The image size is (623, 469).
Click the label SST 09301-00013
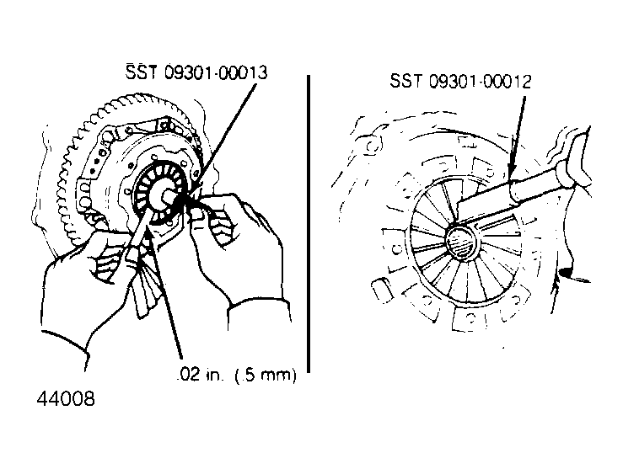pyautogui.click(x=196, y=72)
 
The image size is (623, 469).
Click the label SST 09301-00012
pyautogui.click(x=460, y=82)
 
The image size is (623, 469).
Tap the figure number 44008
pyautogui.click(x=66, y=398)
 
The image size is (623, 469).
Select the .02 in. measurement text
pyautogui.click(x=198, y=375)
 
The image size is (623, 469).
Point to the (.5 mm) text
pyautogui.click(x=266, y=375)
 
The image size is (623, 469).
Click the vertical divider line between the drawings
pyautogui.click(x=309, y=224)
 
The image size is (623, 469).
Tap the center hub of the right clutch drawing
pyautogui.click(x=461, y=242)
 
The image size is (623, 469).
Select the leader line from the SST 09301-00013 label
pyautogui.click(x=222, y=138)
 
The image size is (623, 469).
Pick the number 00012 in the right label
pyautogui.click(x=507, y=82)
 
